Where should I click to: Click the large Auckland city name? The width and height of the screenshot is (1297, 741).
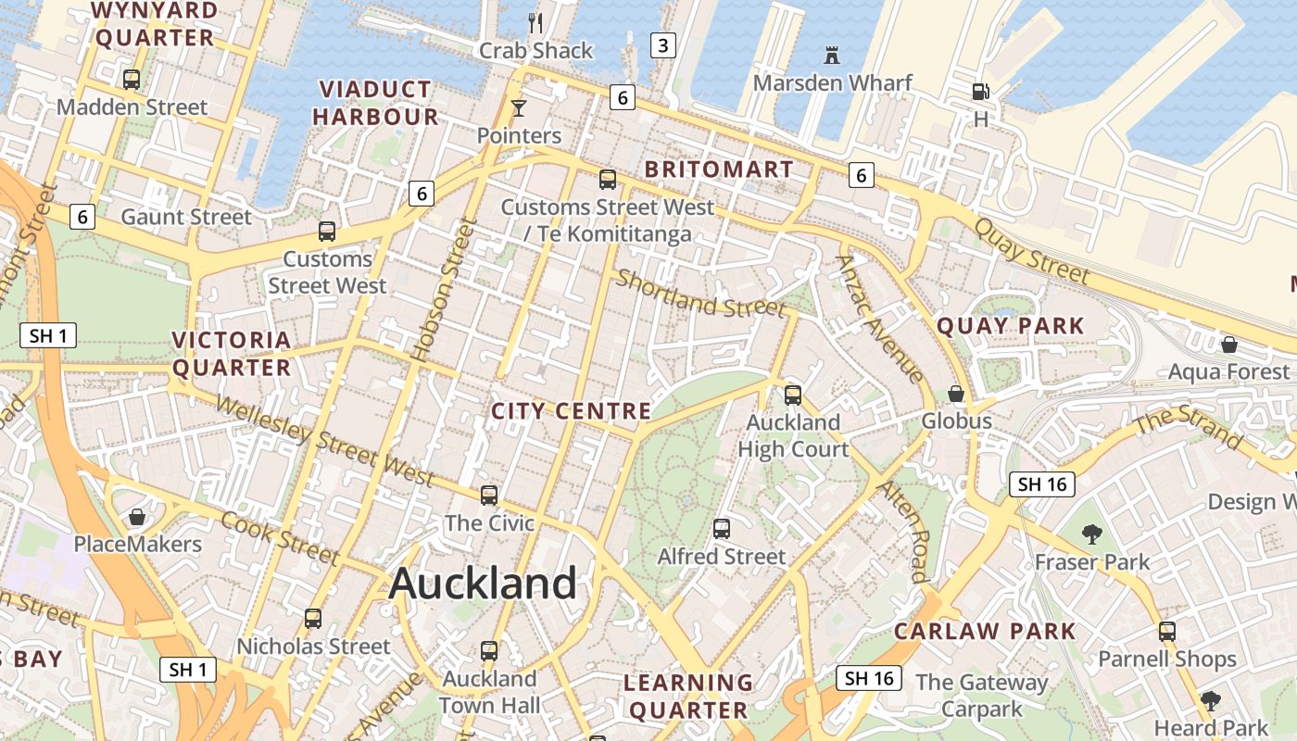click(x=483, y=584)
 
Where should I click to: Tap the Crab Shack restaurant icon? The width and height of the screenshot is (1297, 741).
click(x=535, y=21)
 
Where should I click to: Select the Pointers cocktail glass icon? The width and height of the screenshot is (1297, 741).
click(x=519, y=108)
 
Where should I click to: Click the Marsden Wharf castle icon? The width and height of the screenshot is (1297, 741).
click(x=832, y=56)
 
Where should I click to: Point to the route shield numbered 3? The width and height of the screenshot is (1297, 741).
click(x=662, y=44)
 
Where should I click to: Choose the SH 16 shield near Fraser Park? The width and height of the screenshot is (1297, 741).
click(x=1042, y=484)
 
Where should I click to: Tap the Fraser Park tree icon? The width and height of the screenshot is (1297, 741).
click(x=1092, y=534)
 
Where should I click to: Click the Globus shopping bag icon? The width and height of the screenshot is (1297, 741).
click(x=956, y=394)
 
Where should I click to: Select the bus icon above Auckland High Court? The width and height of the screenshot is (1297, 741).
click(x=793, y=396)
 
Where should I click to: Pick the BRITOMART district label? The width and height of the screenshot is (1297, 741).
click(x=719, y=170)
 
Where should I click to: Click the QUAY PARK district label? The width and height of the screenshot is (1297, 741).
click(x=1010, y=326)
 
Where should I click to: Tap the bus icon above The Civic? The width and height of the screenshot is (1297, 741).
click(x=489, y=496)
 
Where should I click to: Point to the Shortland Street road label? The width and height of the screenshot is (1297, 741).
click(x=701, y=294)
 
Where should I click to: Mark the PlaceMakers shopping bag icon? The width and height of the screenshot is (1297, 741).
click(x=137, y=516)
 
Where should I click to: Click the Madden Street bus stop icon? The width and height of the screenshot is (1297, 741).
click(x=132, y=80)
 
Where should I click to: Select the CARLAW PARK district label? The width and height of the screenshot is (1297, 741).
click(x=985, y=632)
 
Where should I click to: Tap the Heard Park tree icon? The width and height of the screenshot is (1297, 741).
click(x=1211, y=700)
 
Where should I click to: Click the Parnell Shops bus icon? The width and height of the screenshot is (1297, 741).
click(x=1167, y=632)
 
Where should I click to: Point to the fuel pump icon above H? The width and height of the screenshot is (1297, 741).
click(x=980, y=91)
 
